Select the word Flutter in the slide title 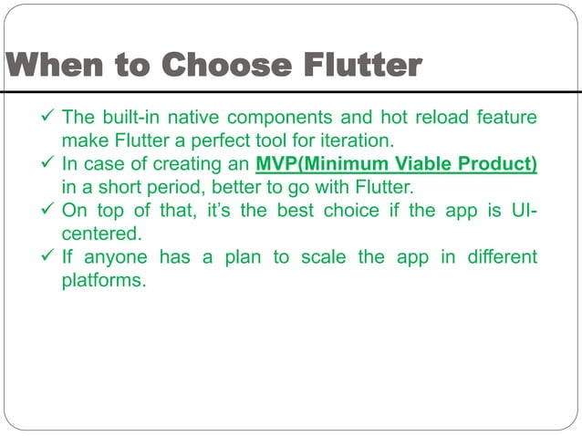pyautogui.click(x=355, y=67)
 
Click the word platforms pyautogui.click(x=103, y=281)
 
